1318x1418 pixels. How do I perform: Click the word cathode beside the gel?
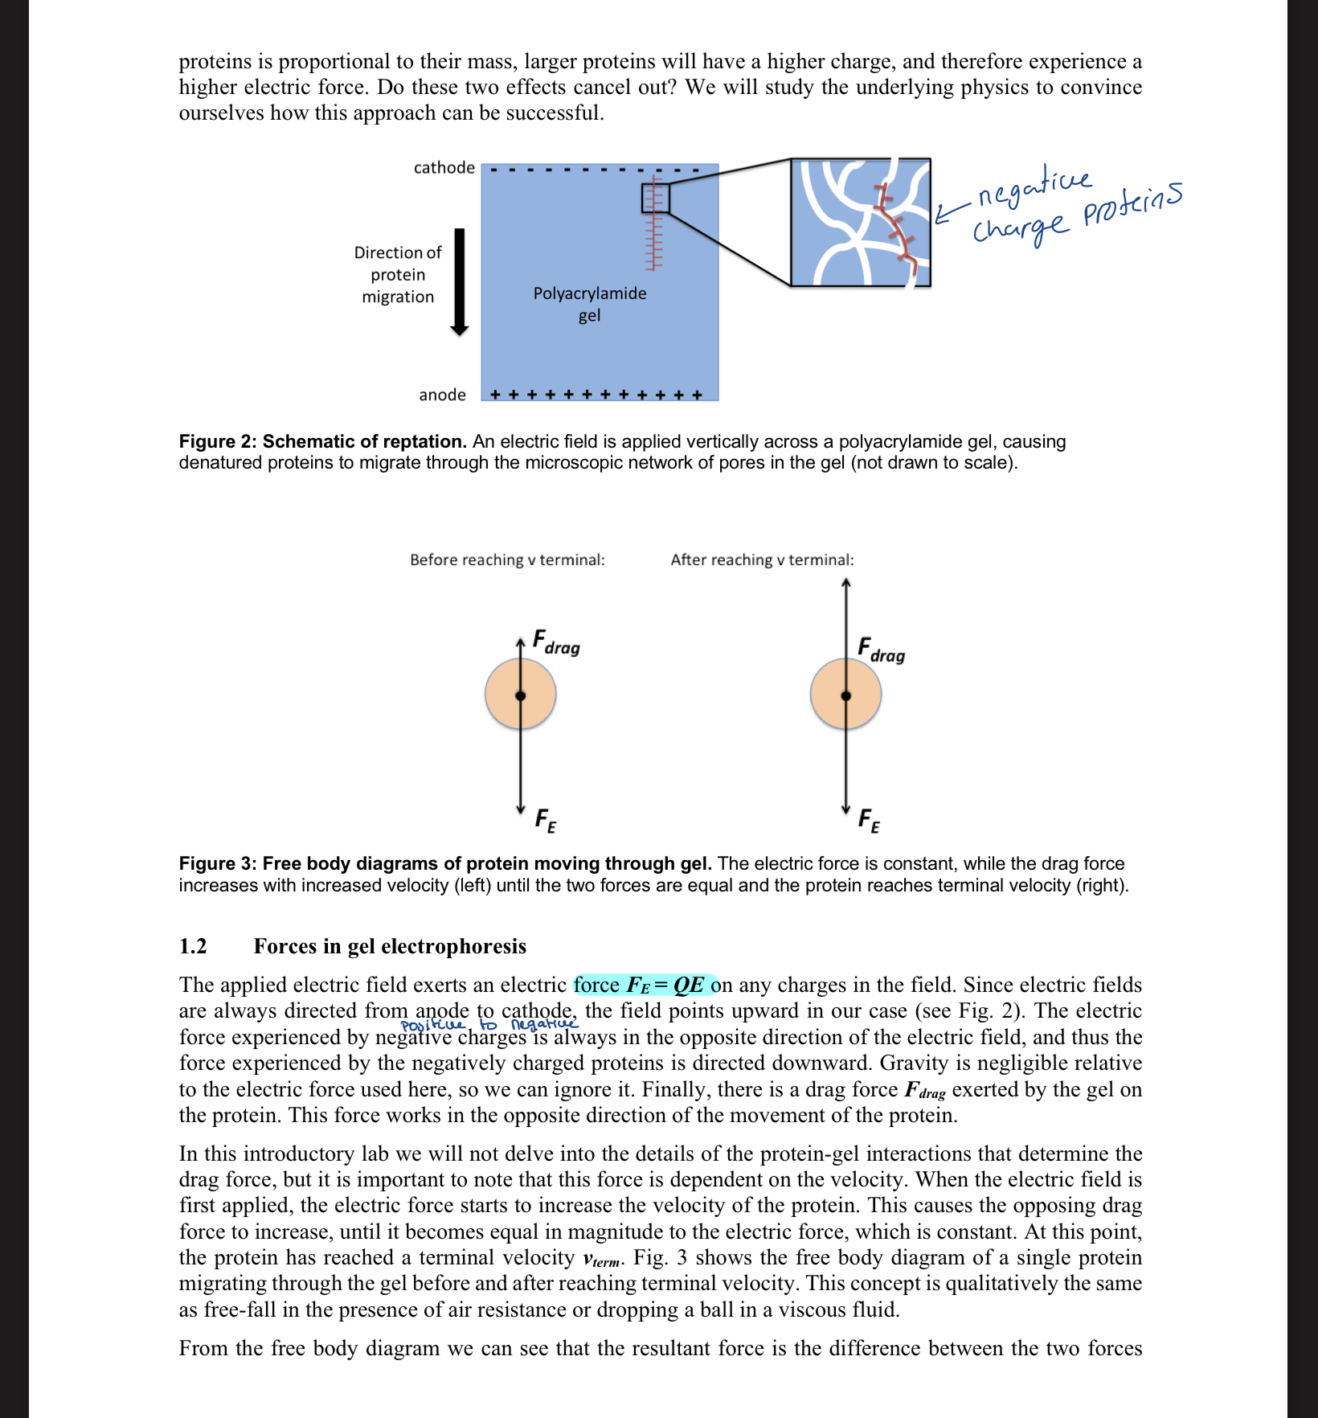point(444,168)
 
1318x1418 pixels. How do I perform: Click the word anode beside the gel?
point(442,395)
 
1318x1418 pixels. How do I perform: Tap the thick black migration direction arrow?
point(460,281)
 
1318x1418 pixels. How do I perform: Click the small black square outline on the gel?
point(655,198)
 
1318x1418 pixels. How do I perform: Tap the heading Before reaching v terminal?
point(507,559)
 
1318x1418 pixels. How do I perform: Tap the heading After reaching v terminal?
point(762,559)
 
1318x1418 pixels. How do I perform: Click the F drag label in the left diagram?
point(556,644)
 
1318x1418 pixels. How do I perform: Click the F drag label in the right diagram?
point(881,650)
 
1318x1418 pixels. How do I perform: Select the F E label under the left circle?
point(546,821)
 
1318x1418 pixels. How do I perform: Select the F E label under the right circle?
point(869,821)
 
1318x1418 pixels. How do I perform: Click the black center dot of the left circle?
point(521,695)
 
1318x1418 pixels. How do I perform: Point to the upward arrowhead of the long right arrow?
point(845,583)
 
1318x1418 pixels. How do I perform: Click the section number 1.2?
point(193,946)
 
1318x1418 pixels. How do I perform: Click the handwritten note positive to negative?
point(489,1025)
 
